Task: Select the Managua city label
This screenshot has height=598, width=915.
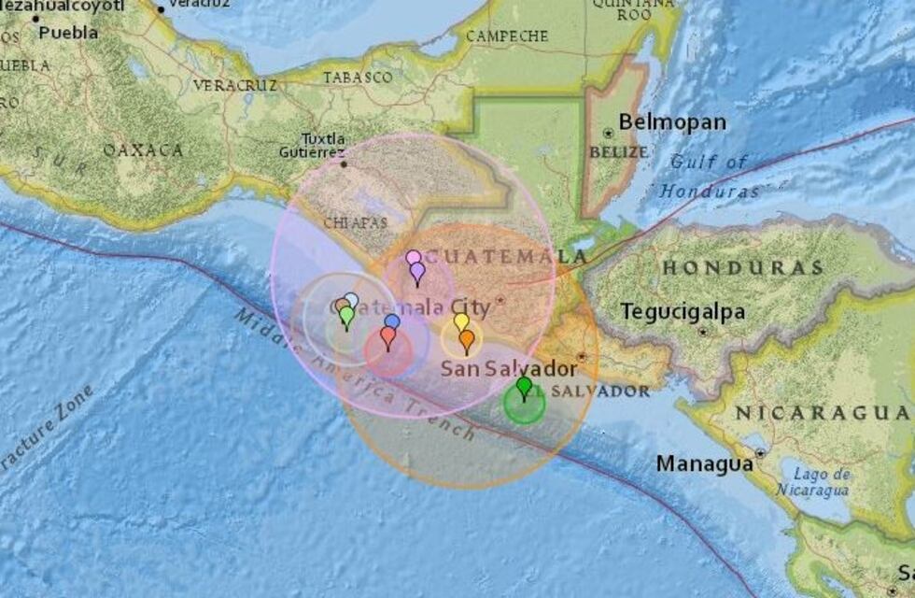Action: (x=704, y=463)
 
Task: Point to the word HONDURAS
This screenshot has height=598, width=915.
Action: (x=742, y=268)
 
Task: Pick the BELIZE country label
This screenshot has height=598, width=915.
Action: (x=618, y=151)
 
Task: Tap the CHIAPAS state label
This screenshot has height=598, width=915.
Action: (x=355, y=222)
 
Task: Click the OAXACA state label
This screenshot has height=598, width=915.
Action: (x=143, y=149)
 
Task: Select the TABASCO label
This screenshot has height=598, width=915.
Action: (x=358, y=78)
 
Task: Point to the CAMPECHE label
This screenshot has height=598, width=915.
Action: (x=506, y=36)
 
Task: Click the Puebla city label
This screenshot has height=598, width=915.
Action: (x=68, y=33)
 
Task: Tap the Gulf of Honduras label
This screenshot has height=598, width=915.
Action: (x=710, y=176)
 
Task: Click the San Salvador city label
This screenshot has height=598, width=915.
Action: (x=509, y=368)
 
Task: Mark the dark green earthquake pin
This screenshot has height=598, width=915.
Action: (x=524, y=386)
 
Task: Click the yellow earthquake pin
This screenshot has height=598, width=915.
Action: (x=461, y=322)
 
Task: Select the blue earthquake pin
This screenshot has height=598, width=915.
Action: (x=392, y=322)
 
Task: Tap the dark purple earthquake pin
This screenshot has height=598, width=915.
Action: (x=417, y=271)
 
